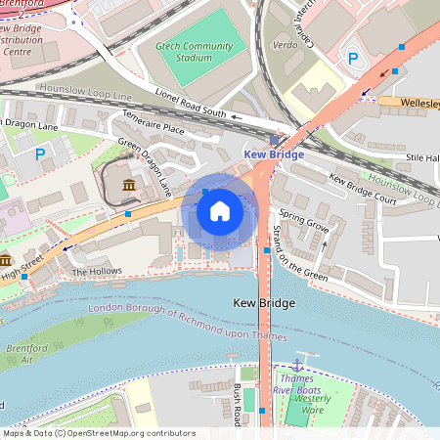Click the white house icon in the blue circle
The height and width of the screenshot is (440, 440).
(220, 210)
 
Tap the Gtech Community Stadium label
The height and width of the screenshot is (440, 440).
(197, 52)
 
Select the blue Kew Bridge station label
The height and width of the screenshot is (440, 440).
(274, 154)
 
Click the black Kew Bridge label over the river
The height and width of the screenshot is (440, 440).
(264, 304)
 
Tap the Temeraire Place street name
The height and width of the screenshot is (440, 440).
(153, 127)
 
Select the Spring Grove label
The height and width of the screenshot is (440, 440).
(303, 218)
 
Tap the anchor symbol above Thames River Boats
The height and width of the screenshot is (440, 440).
(298, 364)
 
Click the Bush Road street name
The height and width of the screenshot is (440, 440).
(238, 404)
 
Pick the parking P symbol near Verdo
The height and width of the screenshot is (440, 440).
(353, 59)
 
